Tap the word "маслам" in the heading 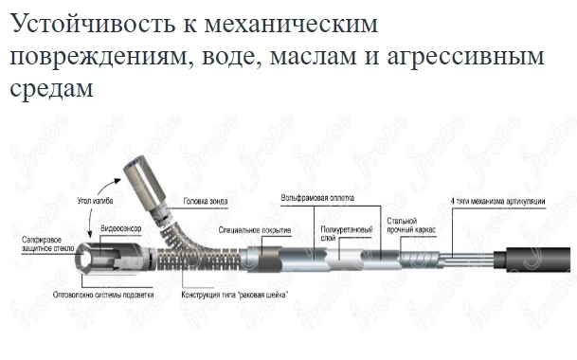[x=313, y=57]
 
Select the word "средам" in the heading [x=51, y=89]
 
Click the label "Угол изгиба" [x=95, y=201]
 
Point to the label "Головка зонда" [x=206, y=202]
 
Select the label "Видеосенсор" [x=121, y=228]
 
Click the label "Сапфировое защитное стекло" [x=47, y=244]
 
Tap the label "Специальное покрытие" [x=255, y=230]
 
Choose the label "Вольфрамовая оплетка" [x=317, y=198]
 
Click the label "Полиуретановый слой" [x=347, y=234]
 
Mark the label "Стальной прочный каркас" [x=411, y=225]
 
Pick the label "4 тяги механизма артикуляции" [x=497, y=202]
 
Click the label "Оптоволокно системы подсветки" [x=103, y=295]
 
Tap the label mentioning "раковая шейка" [x=235, y=295]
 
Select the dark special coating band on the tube [x=269, y=260]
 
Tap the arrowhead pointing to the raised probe [x=117, y=180]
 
